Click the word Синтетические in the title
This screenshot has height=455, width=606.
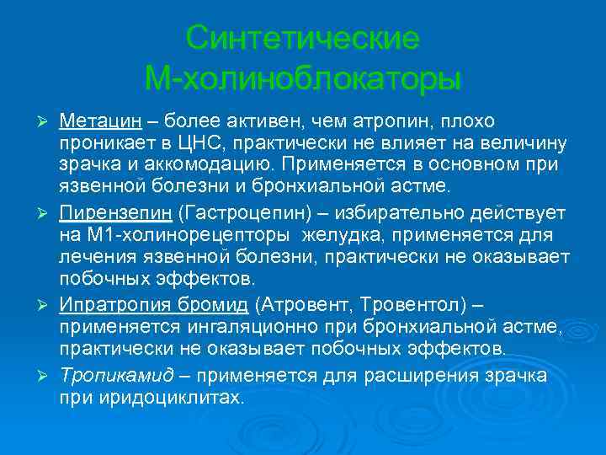click(302, 38)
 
